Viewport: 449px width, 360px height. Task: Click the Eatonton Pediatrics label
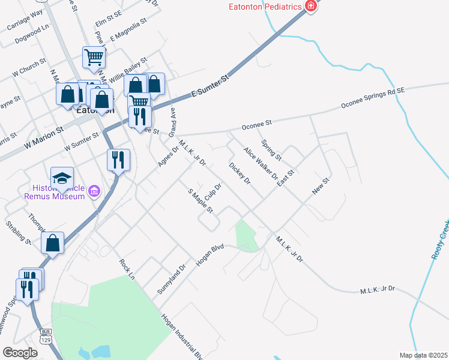click(264, 7)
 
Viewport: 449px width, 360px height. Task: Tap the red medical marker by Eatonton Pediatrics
click(310, 7)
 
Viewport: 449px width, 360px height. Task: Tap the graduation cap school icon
click(62, 178)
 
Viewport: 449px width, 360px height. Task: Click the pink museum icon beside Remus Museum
click(93, 192)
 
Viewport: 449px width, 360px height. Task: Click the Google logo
click(20, 353)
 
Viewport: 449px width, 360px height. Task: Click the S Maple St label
click(201, 201)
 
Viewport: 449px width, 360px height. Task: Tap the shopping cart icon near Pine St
click(94, 58)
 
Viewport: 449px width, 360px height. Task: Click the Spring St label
click(271, 150)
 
